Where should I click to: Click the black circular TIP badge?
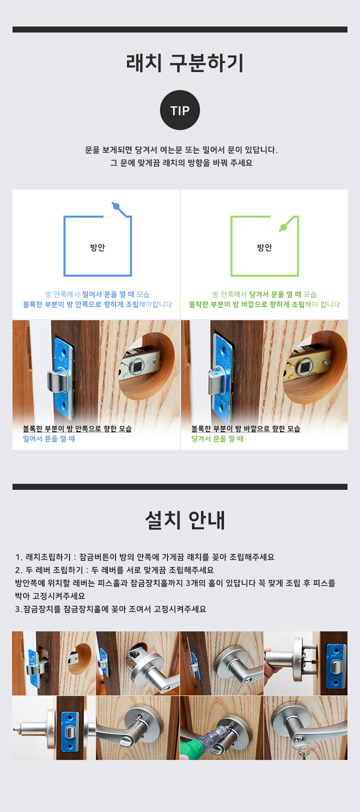(x=180, y=110)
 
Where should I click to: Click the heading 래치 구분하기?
(x=184, y=63)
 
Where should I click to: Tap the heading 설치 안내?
(x=185, y=520)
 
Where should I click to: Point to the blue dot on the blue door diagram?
(x=116, y=207)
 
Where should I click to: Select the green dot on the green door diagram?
(x=283, y=227)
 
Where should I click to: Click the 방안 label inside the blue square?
(x=97, y=247)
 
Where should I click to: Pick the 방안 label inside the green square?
(x=264, y=247)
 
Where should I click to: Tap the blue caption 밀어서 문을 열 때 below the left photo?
(x=49, y=439)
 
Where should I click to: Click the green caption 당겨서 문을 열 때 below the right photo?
(x=217, y=439)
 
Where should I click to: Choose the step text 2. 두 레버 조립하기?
(x=49, y=570)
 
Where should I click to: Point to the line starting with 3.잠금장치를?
(x=110, y=609)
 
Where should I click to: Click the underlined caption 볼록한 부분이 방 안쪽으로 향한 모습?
(x=77, y=428)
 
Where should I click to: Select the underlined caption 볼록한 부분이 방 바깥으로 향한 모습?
(x=246, y=428)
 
